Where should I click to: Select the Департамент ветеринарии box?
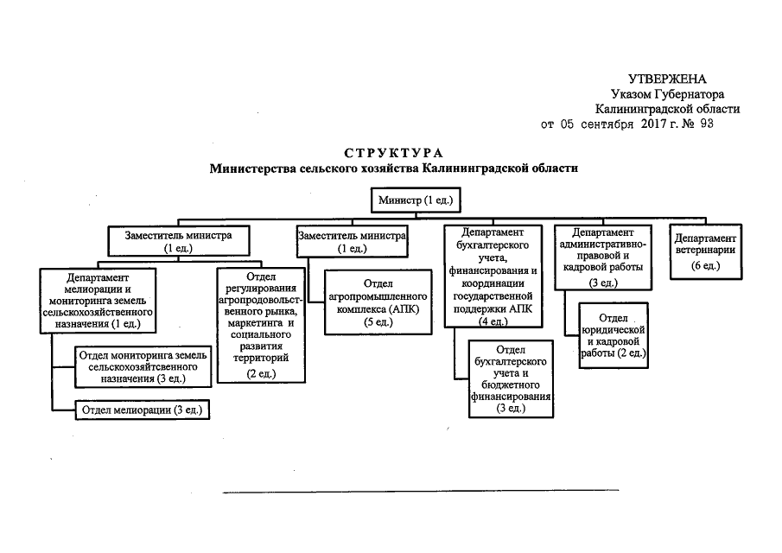click(x=705, y=251)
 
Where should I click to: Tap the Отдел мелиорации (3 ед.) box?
click(x=143, y=410)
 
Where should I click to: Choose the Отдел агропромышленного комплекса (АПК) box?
click(x=378, y=302)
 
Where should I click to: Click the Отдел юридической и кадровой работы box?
click(x=613, y=336)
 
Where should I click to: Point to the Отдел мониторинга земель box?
click(x=143, y=366)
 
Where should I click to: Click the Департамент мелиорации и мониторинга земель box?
click(x=98, y=302)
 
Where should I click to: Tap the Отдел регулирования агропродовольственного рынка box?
click(x=260, y=325)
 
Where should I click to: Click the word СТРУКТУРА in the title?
click(x=393, y=152)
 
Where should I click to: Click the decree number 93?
click(x=705, y=124)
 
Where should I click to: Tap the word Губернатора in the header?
click(x=689, y=94)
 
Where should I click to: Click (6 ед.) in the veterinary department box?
click(x=705, y=266)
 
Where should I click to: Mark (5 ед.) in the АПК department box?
click(x=378, y=322)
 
